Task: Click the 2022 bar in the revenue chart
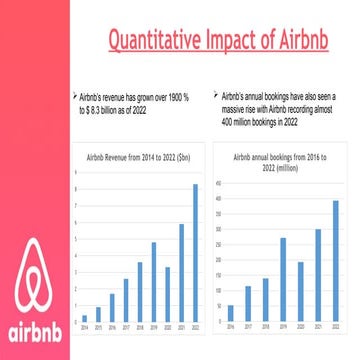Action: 195,254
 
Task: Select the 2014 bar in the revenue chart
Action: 84,318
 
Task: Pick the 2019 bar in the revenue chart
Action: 153,283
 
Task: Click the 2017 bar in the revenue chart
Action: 125,303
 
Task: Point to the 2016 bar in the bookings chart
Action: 231,313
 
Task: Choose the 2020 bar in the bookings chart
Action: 301,292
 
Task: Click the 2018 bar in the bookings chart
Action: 266,300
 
